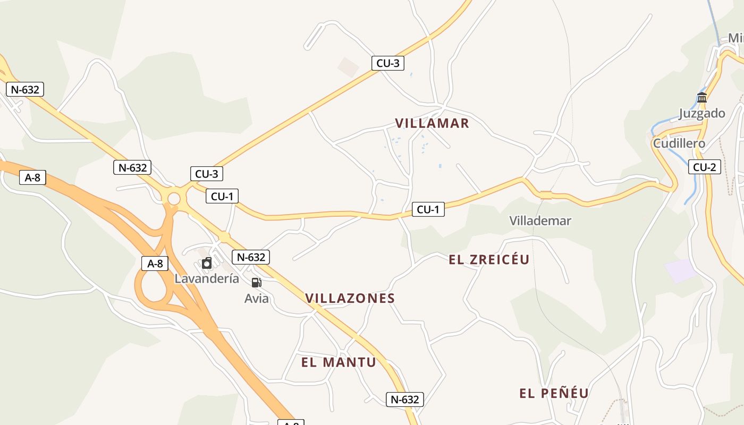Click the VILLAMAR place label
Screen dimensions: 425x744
click(x=432, y=123)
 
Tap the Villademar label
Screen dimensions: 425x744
click(x=540, y=220)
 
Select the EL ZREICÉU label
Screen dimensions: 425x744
click(x=489, y=259)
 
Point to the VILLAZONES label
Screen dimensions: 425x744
click(x=350, y=298)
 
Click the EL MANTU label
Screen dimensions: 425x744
click(x=339, y=362)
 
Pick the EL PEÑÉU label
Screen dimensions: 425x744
click(x=554, y=393)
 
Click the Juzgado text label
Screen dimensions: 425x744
click(x=701, y=113)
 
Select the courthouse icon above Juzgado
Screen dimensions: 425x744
click(x=702, y=97)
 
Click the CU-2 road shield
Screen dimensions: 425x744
click(x=704, y=167)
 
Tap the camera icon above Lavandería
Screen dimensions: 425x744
click(x=207, y=263)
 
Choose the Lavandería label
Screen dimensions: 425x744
click(x=207, y=278)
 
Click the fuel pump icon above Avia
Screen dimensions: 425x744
click(x=256, y=283)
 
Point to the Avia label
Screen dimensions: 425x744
click(x=256, y=299)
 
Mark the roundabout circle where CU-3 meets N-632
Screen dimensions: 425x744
click(x=174, y=199)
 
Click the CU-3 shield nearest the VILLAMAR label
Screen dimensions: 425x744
click(x=387, y=63)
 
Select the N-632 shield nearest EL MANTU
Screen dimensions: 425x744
click(x=404, y=399)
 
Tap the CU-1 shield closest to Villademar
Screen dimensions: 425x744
click(x=428, y=209)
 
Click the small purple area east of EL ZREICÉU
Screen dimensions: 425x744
click(x=680, y=270)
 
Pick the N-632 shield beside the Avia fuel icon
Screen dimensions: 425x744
click(x=250, y=257)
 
